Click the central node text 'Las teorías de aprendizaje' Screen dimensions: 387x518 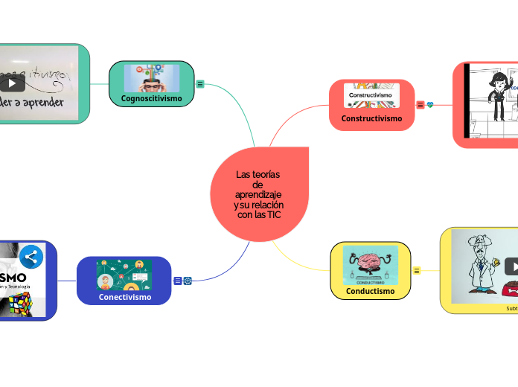point(258,194)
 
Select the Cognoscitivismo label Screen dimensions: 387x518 point(151,98)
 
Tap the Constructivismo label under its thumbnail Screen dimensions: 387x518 point(371,118)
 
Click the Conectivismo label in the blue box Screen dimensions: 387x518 point(124,297)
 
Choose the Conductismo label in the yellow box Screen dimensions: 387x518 point(370,291)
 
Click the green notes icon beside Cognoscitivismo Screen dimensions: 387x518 point(200,84)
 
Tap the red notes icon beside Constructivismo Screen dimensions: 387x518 point(421,105)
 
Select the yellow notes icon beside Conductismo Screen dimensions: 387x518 point(417,270)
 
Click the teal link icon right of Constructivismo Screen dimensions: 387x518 point(430,105)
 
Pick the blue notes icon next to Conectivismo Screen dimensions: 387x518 point(177,281)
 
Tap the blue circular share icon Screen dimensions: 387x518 point(31,257)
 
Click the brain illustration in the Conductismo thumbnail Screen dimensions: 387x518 point(370,263)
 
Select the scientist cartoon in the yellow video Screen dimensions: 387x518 point(476,264)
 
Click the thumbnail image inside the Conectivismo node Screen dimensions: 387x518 point(124,275)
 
